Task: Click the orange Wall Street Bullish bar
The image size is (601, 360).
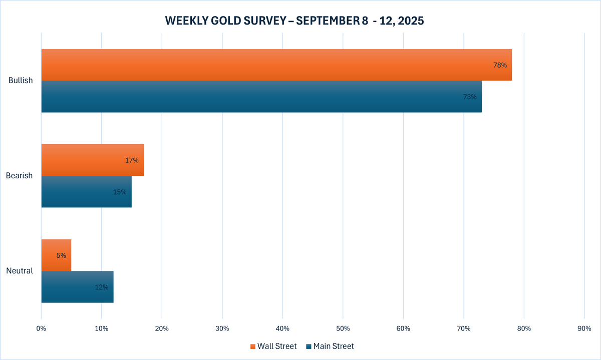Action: (x=275, y=65)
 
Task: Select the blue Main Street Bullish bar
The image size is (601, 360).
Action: (x=260, y=97)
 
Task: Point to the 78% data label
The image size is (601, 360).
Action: (x=500, y=65)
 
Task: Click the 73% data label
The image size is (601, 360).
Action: (x=470, y=97)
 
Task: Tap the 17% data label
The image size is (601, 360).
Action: (x=132, y=160)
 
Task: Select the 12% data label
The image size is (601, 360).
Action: (x=102, y=287)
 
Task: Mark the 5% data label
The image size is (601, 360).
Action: (x=61, y=255)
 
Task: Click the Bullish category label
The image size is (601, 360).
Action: (x=21, y=81)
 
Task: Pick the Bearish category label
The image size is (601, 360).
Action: (x=20, y=176)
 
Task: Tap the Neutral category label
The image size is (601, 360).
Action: (x=20, y=271)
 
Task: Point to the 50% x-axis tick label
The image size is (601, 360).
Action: (x=343, y=328)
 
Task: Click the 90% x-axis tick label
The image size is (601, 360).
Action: (x=584, y=328)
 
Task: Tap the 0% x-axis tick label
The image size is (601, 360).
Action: (x=41, y=328)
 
